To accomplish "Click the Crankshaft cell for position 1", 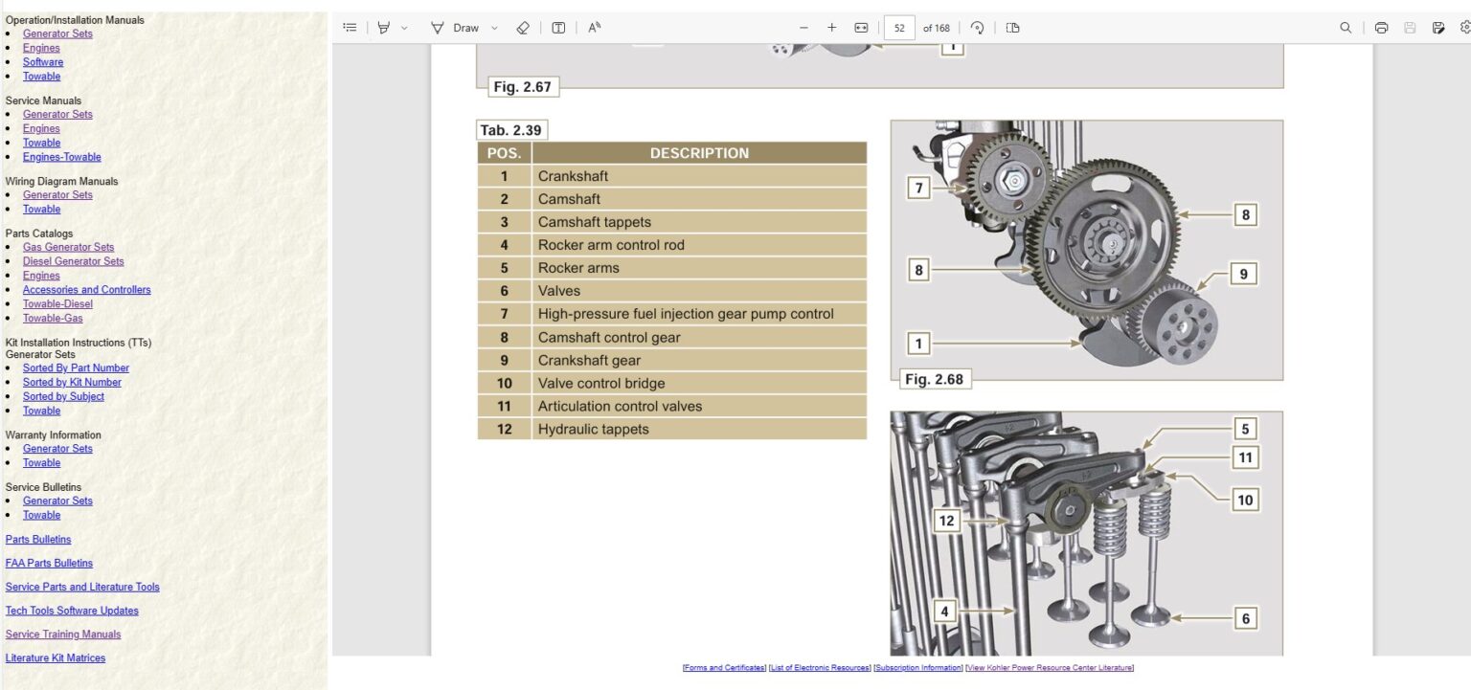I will pyautogui.click(x=573, y=176).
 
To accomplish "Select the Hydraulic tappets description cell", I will pyautogui.click(x=593, y=430).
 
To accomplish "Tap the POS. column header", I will pyautogui.click(x=504, y=153).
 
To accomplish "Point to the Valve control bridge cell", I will pyautogui.click(x=600, y=384).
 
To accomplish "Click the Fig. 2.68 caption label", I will pyautogui.click(x=934, y=380).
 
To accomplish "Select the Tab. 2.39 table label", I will pyautogui.click(x=511, y=131).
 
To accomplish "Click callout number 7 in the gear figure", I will pyautogui.click(x=918, y=189).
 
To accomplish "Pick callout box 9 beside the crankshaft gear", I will pyautogui.click(x=1243, y=274).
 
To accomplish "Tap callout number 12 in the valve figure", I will pyautogui.click(x=946, y=521).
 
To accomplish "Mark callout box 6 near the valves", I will pyautogui.click(x=1245, y=618).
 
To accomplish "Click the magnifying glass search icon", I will pyautogui.click(x=1346, y=28).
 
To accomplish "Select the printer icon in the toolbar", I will pyautogui.click(x=1381, y=28).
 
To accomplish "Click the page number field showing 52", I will pyautogui.click(x=898, y=28).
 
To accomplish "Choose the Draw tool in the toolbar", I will pyautogui.click(x=456, y=28).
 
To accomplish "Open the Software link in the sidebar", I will pyautogui.click(x=43, y=62).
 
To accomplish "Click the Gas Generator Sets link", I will pyautogui.click(x=68, y=247).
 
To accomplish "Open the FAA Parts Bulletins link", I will pyautogui.click(x=49, y=564).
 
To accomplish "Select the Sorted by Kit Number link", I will pyautogui.click(x=72, y=382).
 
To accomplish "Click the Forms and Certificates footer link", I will pyautogui.click(x=724, y=668).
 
